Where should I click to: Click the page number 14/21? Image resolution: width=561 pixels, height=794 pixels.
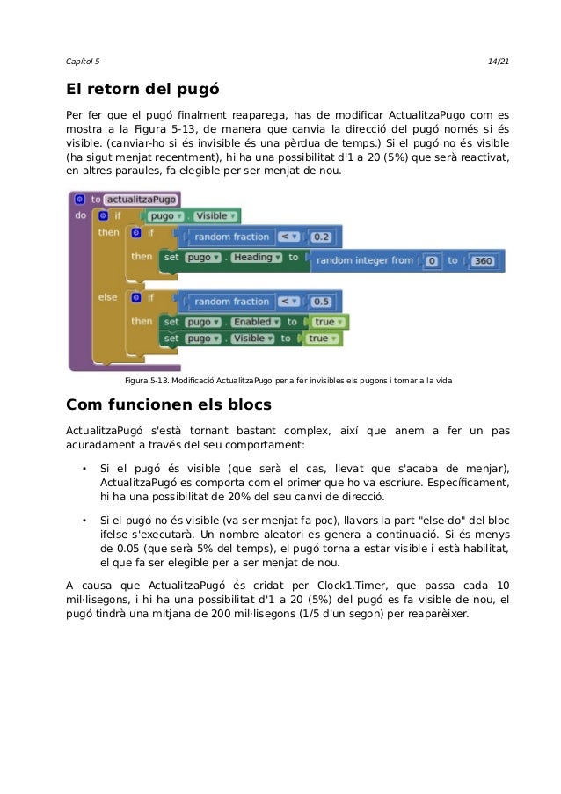498,60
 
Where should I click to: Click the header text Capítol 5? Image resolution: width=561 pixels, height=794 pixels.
84,60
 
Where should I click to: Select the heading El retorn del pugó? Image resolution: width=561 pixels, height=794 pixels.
142,90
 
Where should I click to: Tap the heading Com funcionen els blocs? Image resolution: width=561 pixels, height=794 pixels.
169,405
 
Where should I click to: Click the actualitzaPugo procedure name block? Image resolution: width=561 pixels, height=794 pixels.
141,199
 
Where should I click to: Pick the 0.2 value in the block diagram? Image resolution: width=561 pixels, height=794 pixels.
322,237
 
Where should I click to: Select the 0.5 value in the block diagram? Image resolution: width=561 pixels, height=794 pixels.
322,302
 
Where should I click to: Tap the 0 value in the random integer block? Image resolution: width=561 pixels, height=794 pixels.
433,260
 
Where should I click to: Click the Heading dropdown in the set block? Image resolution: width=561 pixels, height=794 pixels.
252,258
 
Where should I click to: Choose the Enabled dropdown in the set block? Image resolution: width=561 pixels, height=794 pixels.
252,322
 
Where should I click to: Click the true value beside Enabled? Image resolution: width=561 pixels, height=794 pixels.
324,322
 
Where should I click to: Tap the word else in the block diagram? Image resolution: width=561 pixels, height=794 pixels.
107,297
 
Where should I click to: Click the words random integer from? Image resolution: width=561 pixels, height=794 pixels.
364,260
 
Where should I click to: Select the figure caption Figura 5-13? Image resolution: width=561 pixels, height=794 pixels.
290,380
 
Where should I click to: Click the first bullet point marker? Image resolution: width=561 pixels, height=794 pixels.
84,468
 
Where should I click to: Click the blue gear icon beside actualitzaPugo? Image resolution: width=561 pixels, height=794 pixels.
79,199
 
